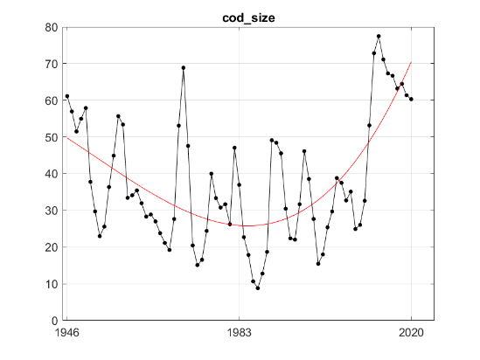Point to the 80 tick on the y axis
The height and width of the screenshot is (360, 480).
pos(52,27)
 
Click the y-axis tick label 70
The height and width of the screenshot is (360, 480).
pos(52,64)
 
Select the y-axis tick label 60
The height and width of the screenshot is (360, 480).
pos(52,100)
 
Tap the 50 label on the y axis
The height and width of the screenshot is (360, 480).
pos(52,137)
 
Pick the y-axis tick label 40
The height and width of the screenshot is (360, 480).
pos(52,174)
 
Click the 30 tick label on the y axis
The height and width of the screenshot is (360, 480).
pos(52,211)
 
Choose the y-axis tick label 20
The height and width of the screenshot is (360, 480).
pos(52,247)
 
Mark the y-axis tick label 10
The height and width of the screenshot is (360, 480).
pos(52,284)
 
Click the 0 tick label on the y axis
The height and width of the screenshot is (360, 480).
pos(54,321)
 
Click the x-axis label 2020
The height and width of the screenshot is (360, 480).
pos(412,333)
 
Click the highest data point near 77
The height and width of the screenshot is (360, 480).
pos(379,36)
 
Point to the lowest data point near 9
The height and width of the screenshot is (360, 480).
pos(258,287)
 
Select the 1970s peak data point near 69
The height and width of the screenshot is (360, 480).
pos(184,67)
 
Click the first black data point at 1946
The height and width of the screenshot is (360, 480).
pos(67,96)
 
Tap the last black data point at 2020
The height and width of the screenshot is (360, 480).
pos(411,99)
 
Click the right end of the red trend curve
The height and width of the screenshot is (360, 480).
pos(411,63)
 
